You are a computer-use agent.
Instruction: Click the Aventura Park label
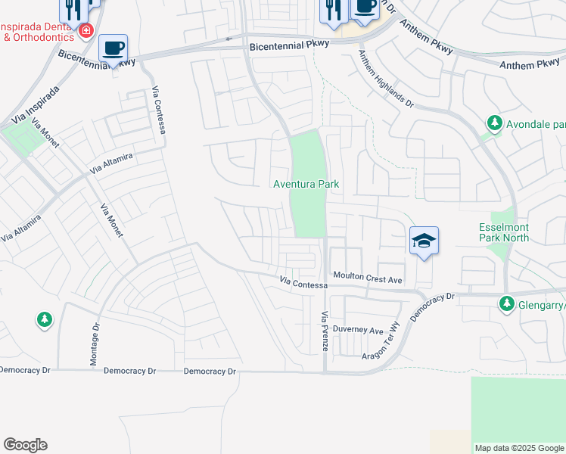pyautogui.click(x=306, y=185)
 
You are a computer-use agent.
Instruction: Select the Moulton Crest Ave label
pyautogui.click(x=367, y=279)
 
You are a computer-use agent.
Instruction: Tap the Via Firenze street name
pyautogui.click(x=325, y=331)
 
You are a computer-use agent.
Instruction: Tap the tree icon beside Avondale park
pyautogui.click(x=494, y=123)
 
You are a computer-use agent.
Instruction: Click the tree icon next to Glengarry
pyautogui.click(x=505, y=303)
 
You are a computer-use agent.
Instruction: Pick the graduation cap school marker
pyautogui.click(x=424, y=241)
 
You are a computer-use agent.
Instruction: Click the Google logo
pyautogui.click(x=25, y=445)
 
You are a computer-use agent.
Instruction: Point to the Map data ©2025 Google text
pyautogui.click(x=518, y=448)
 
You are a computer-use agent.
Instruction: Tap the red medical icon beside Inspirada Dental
pyautogui.click(x=86, y=31)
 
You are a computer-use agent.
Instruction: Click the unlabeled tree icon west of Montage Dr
pyautogui.click(x=45, y=320)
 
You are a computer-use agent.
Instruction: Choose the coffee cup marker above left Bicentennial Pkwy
pyautogui.click(x=114, y=48)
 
